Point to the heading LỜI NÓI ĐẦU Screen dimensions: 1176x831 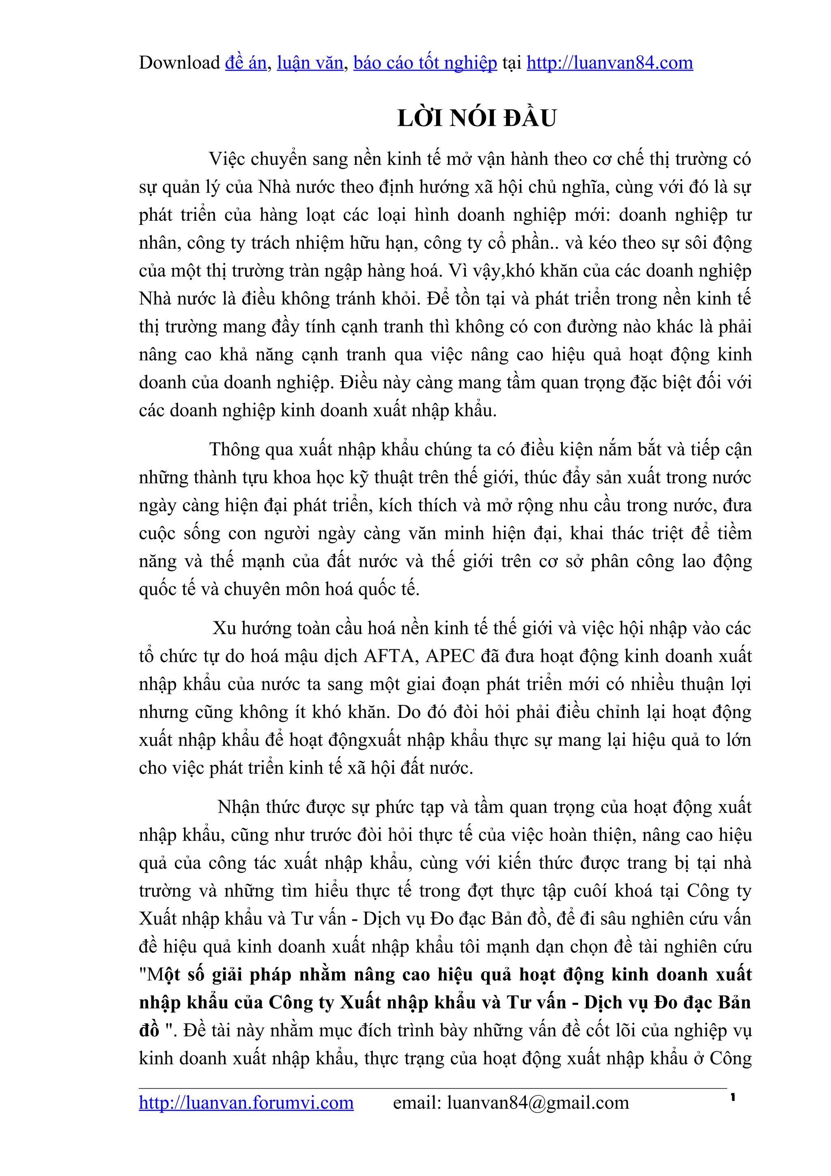tap(477, 118)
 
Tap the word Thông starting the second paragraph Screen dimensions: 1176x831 tap(236, 450)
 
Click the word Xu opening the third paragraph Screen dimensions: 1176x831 tap(224, 629)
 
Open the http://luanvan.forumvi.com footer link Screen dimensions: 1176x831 tap(246, 1102)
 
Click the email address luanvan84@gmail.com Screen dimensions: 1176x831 tap(538, 1102)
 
